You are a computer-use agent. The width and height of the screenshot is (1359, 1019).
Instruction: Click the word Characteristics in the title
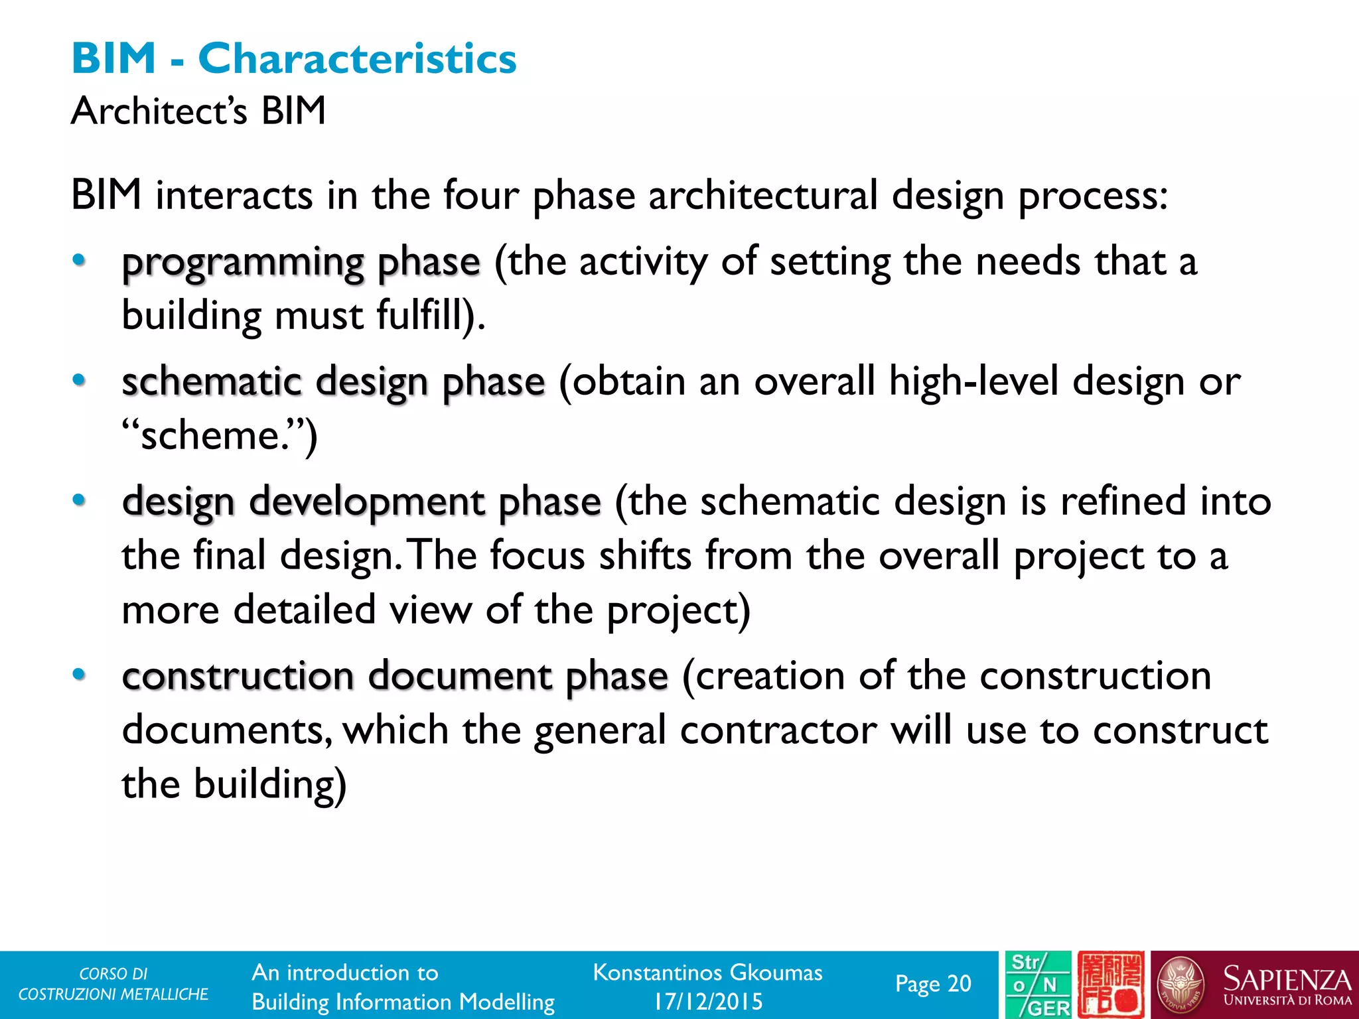[357, 58]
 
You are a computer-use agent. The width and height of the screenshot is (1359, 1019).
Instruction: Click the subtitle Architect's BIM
[198, 110]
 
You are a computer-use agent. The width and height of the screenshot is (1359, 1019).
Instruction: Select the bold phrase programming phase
[301, 262]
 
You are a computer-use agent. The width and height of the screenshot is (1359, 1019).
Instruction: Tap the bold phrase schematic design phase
[333, 382]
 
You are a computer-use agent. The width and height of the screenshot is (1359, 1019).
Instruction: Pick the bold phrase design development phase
[362, 502]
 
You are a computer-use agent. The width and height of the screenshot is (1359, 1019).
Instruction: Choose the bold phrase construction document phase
[395, 676]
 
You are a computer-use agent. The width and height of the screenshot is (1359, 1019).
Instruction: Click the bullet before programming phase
[79, 261]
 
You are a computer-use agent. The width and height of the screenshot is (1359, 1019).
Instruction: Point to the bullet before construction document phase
[79, 675]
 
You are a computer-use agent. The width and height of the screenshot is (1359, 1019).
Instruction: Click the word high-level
[973, 382]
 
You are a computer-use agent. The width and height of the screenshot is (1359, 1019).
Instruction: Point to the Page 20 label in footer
[932, 984]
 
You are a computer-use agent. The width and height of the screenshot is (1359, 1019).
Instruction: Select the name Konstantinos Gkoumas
[707, 973]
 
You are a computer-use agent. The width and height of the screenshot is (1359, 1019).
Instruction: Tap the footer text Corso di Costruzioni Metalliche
[113, 984]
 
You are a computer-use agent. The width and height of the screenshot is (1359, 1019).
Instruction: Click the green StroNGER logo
[1037, 985]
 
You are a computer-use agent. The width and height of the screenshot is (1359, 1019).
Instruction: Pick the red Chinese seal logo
[1110, 985]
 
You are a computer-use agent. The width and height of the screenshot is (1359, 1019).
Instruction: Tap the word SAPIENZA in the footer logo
[1287, 979]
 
